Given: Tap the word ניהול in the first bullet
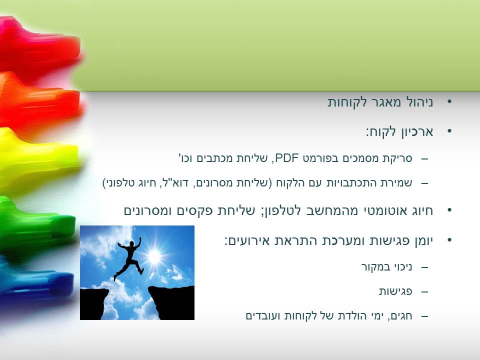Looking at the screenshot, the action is click(419, 102).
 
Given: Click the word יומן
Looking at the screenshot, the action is click(423, 240).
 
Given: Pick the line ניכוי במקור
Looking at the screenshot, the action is click(386, 267).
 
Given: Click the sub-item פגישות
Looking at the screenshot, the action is click(395, 291).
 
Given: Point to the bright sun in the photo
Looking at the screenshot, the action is click(154, 256).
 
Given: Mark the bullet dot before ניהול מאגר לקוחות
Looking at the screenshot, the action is click(449, 101).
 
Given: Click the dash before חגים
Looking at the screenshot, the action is click(424, 316).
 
